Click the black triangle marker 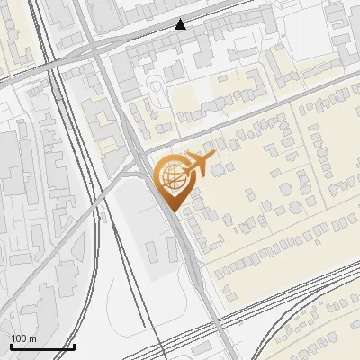pos(181,23)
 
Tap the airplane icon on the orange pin pos(195,165)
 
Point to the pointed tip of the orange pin pos(175,212)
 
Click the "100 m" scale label pos(23,339)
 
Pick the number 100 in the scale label pos(19,339)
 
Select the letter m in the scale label pos(32,339)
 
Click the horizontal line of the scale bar pos(41,347)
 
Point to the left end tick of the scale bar pos(11,346)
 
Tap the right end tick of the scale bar pos(73,346)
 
